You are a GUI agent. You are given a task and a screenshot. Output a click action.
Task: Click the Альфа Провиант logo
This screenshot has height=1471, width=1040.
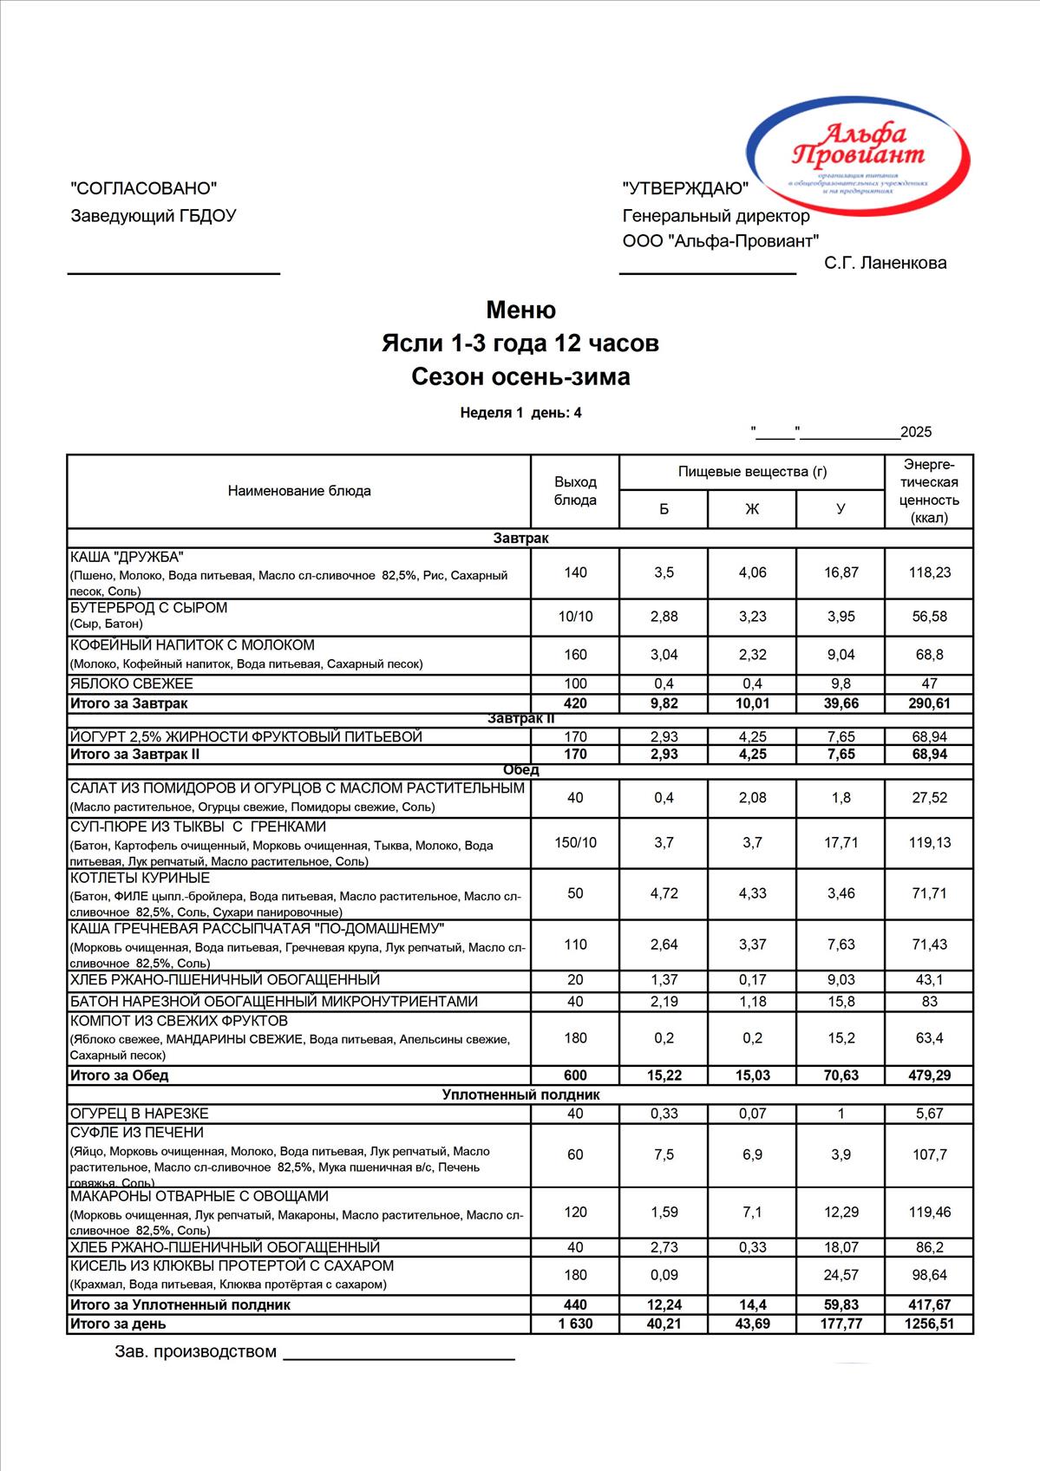coord(857,156)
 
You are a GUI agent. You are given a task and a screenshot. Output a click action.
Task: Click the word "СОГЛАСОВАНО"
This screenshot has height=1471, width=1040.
coord(143,188)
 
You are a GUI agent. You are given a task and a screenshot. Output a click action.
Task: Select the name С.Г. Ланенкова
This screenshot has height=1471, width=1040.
coord(885,263)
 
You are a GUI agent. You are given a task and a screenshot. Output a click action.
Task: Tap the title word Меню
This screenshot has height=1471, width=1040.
coord(520,310)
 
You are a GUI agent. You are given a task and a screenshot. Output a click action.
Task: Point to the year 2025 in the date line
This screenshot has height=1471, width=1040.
coord(916,432)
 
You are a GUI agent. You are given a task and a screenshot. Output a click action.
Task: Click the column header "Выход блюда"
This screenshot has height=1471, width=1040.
coord(575,491)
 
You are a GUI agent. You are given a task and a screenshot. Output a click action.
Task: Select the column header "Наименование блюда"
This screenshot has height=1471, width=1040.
coord(299,491)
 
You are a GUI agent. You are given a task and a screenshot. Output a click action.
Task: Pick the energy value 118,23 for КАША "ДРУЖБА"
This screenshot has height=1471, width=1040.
coord(929,572)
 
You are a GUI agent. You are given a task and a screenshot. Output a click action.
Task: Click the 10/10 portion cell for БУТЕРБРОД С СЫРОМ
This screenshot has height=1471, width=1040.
coord(575,617)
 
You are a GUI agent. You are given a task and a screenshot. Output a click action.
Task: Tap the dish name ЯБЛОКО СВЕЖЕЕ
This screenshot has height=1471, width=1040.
coord(132,683)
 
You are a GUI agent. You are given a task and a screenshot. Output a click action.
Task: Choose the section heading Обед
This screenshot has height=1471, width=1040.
coord(520,770)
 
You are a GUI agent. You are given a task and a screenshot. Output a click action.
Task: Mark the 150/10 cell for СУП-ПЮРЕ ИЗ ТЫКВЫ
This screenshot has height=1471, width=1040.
coord(575,842)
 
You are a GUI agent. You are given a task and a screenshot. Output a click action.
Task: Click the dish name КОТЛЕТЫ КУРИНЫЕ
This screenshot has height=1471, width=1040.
coord(140,879)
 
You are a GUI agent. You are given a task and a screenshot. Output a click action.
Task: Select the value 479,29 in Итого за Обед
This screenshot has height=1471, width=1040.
coord(929,1075)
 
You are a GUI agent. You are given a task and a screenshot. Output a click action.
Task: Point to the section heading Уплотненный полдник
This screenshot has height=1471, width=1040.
coord(520,1095)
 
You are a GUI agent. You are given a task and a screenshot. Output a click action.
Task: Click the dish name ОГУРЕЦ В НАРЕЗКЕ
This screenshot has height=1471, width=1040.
coord(139,1114)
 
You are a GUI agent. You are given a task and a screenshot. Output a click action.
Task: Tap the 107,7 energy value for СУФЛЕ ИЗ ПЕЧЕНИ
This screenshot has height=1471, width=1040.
coord(929,1154)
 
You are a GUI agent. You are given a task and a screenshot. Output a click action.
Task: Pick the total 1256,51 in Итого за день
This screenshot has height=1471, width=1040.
coord(929,1324)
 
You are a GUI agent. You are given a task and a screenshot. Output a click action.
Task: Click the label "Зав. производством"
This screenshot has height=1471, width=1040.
coord(195,1351)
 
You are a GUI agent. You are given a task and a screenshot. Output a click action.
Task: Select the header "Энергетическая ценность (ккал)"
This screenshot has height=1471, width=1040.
coord(929,491)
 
